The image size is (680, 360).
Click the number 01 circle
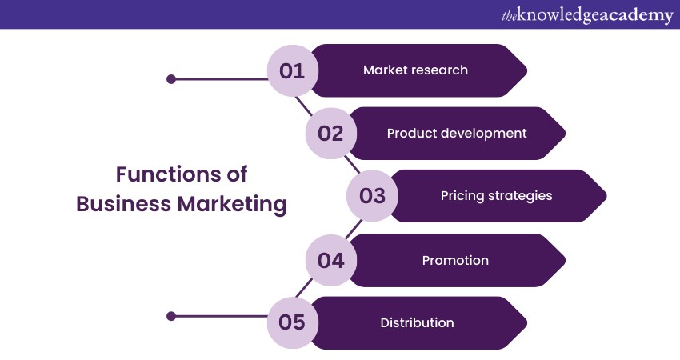click(292, 70)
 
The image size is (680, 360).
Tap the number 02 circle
click(330, 134)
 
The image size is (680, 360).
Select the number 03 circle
click(372, 196)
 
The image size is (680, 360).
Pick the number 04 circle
click(330, 260)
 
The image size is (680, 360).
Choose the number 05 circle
click(292, 322)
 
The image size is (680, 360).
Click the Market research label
click(415, 70)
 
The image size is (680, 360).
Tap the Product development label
click(457, 134)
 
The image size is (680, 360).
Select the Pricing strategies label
click(496, 196)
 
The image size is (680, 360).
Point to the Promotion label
click(455, 260)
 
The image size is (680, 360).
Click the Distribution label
click(417, 322)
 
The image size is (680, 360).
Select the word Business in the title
click(123, 204)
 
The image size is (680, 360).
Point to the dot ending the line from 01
click(170, 79)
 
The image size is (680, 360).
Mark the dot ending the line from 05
click(170, 316)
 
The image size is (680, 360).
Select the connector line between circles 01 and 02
click(305, 104)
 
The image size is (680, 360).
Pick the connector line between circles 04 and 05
click(304, 290)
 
